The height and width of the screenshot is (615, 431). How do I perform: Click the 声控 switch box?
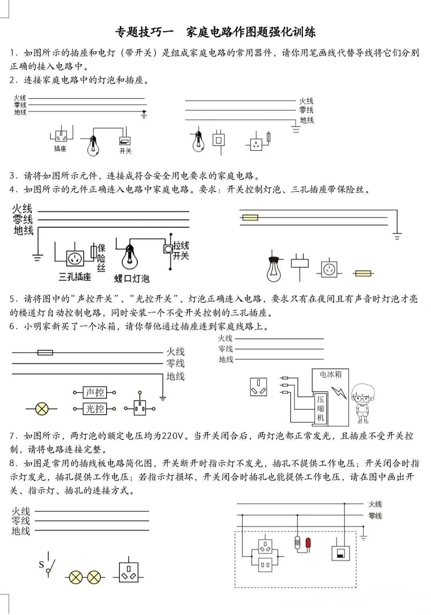pyautogui.click(x=95, y=393)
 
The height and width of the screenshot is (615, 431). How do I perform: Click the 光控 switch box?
pyautogui.click(x=95, y=409)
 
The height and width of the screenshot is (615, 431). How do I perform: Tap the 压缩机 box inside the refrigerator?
pyautogui.click(x=321, y=408)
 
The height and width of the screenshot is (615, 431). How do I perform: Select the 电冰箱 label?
pyautogui.click(x=331, y=374)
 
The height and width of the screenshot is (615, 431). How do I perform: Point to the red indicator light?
pyautogui.click(x=308, y=543)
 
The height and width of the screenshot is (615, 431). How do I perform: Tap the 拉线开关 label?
pyautogui.click(x=181, y=250)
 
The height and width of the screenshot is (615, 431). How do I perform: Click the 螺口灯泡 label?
pyautogui.click(x=132, y=278)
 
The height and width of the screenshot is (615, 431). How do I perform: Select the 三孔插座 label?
pyautogui.click(x=75, y=276)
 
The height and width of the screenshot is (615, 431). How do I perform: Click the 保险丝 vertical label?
pyautogui.click(x=101, y=258)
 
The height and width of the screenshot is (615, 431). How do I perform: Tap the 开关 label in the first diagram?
pyautogui.click(x=125, y=151)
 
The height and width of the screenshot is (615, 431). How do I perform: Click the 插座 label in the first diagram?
pyautogui.click(x=60, y=149)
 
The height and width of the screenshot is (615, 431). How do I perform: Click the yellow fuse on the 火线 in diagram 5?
pyautogui.click(x=45, y=353)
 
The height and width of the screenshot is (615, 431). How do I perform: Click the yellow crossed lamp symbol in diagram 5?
pyautogui.click(x=42, y=409)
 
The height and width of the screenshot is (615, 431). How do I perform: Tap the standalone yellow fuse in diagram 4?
pyautogui.click(x=363, y=274)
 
